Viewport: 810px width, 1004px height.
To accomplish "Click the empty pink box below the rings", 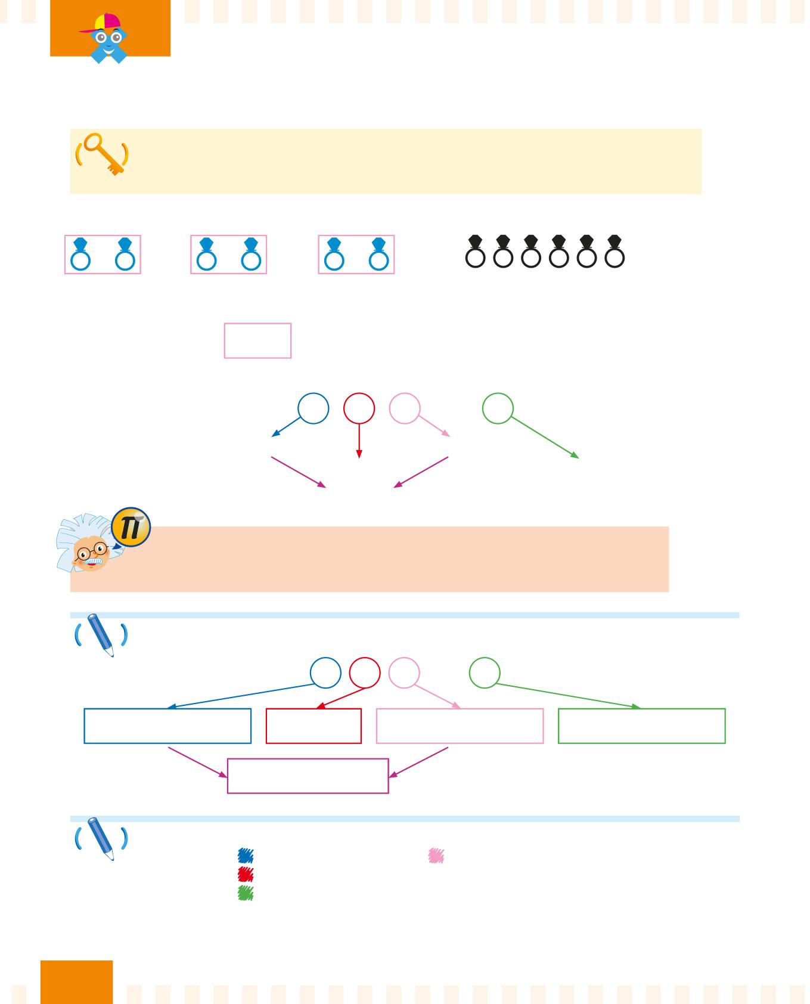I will [257, 340].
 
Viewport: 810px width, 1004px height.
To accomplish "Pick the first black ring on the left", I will [475, 252].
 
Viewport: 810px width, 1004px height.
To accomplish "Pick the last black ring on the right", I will [615, 252].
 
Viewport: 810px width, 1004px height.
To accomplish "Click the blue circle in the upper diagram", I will [314, 408].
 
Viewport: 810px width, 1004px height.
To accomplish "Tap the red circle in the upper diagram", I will [359, 408].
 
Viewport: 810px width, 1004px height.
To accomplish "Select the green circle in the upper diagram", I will [498, 408].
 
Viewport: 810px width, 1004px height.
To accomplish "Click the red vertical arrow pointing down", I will [359, 441].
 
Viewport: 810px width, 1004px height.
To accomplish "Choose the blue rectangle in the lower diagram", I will [167, 726].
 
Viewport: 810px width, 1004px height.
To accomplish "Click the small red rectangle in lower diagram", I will [314, 726].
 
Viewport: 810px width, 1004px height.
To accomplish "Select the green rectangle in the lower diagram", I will [641, 726].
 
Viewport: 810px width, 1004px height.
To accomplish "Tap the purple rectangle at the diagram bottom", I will [308, 776].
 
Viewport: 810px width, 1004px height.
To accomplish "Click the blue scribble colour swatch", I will [246, 856].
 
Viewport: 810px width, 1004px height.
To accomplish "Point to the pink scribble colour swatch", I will [436, 856].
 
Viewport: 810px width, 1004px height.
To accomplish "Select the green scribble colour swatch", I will [246, 893].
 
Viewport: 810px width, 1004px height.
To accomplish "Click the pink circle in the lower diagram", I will [404, 673].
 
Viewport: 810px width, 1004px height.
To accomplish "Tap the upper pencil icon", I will [101, 636].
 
